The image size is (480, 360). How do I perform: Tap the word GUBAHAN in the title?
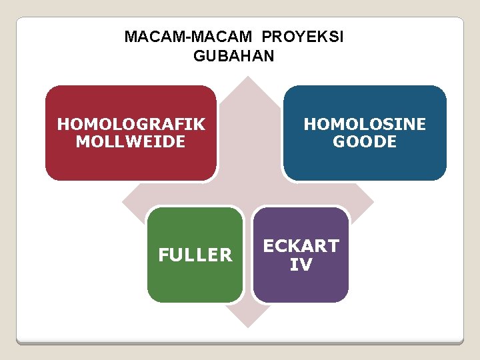coord(233,56)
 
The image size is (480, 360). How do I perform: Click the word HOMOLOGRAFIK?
coord(131,124)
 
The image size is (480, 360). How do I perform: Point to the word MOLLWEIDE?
coord(131,141)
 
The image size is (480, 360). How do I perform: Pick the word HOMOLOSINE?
coord(365,124)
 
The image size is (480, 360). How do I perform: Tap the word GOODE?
coord(365,141)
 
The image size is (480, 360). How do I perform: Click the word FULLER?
coord(195,255)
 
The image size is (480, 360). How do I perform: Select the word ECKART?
coord(301,246)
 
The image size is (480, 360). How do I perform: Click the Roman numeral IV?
coord(301,265)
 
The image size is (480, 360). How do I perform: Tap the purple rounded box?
coord(301,287)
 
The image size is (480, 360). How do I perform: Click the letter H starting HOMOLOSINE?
coord(310,124)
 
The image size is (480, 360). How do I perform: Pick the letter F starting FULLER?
coord(163,255)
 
